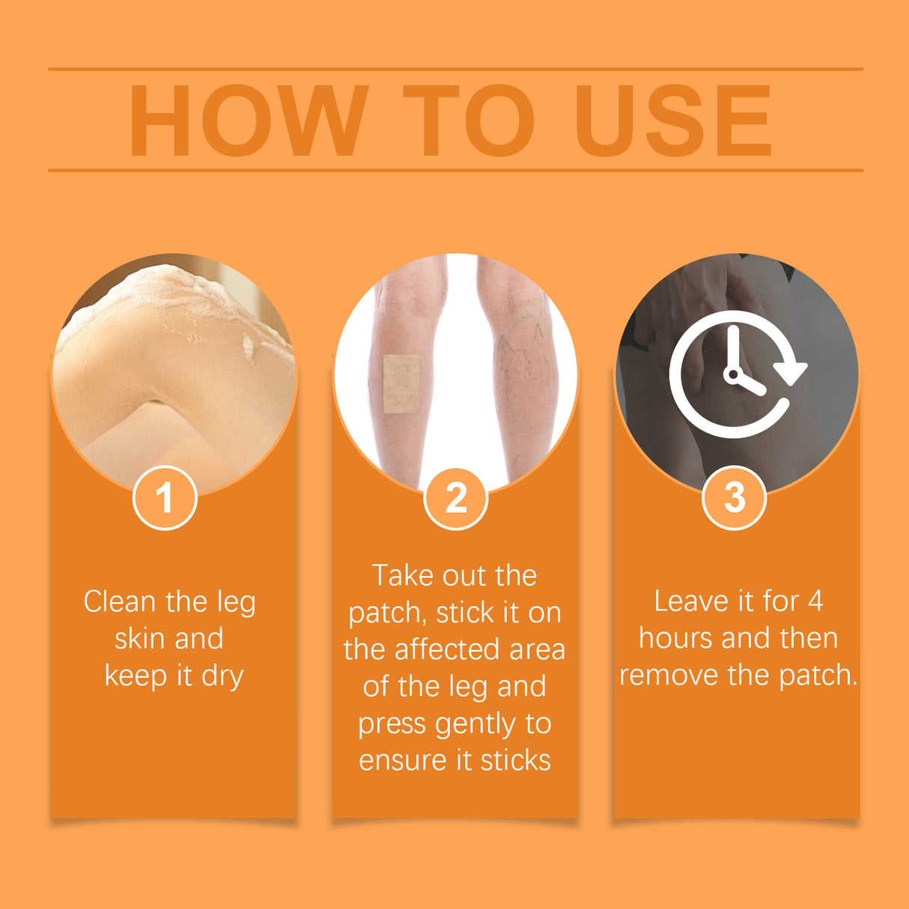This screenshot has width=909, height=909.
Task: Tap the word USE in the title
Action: [672, 121]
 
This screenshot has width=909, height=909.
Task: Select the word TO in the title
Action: [469, 121]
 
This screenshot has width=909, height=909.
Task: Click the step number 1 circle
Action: [165, 498]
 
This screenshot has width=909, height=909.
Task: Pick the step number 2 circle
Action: [455, 498]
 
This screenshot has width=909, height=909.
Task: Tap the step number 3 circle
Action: [735, 498]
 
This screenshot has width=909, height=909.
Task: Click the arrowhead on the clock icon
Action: [790, 371]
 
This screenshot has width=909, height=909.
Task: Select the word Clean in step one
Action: [121, 601]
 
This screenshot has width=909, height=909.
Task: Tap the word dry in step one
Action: [222, 676]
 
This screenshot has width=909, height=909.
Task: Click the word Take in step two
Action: [403, 576]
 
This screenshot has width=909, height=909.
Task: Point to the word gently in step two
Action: [475, 725]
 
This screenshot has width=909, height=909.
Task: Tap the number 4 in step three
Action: [815, 601]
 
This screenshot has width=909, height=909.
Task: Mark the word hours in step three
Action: [675, 638]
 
